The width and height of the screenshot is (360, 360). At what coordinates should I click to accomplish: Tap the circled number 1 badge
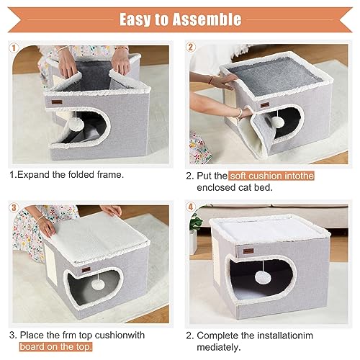[x=12, y=48]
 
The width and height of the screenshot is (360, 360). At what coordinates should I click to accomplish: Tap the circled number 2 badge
[x=191, y=48]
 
